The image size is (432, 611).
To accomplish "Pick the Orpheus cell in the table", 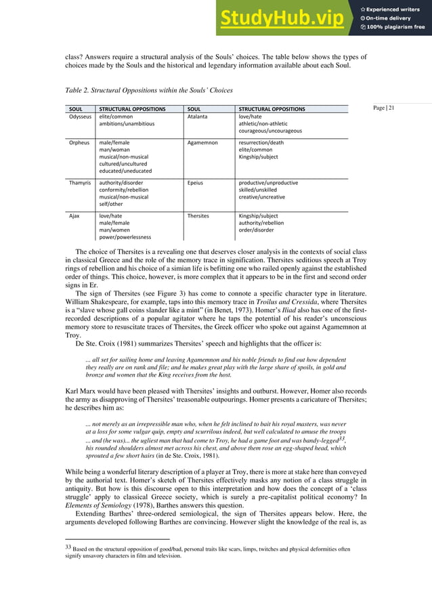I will point(81,143).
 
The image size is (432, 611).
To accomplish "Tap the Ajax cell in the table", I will point(75,216).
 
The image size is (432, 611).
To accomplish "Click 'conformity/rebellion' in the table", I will point(124,190).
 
